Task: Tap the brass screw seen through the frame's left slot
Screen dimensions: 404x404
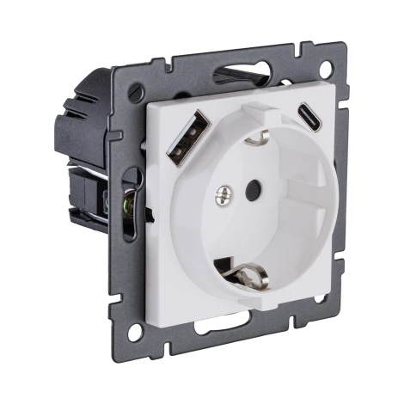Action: click(x=130, y=205)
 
